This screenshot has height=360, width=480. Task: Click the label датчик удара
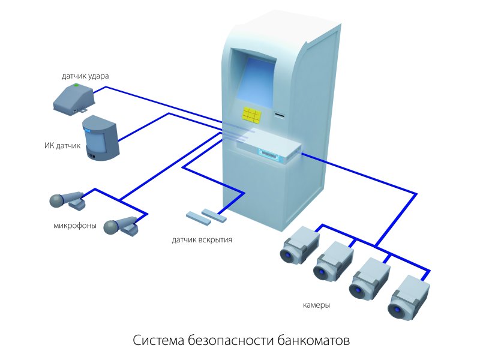point(85,76)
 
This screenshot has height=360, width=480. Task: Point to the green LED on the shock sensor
point(76,86)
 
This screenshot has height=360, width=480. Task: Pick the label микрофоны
point(74,226)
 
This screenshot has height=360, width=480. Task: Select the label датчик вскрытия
point(202,240)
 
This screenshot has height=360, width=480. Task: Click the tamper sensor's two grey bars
point(206,216)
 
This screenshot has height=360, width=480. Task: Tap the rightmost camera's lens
point(396,310)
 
